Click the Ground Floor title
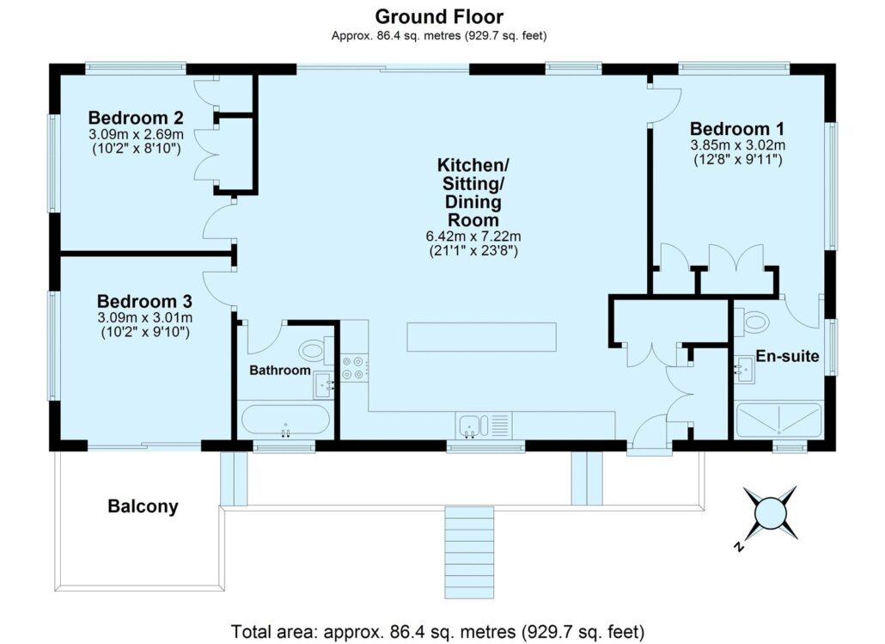[438, 15]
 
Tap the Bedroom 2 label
[136, 118]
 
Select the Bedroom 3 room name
[144, 301]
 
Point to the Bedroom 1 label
[737, 129]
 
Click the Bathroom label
[280, 371]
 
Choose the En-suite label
[787, 356]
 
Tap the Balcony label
[143, 506]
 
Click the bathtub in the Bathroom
[285, 420]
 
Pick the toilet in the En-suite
[753, 322]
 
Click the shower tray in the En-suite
[779, 420]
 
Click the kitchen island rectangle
[481, 337]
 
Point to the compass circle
[770, 513]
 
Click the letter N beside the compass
[738, 547]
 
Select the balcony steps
[469, 553]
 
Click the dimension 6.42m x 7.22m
[473, 236]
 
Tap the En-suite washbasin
[744, 370]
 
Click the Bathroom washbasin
[324, 385]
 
